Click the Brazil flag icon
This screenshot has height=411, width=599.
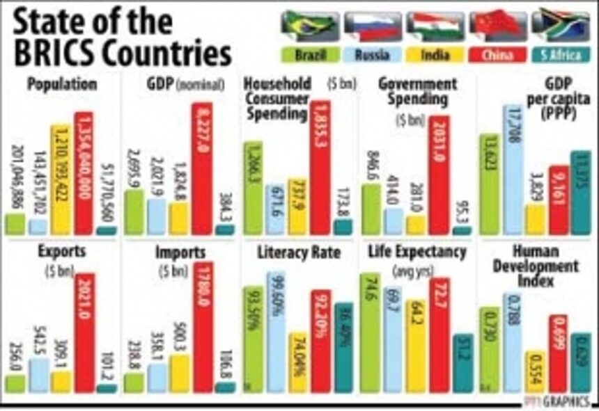(304, 25)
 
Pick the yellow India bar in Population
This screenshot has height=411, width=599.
(60, 179)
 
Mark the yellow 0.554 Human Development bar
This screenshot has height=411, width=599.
(534, 372)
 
